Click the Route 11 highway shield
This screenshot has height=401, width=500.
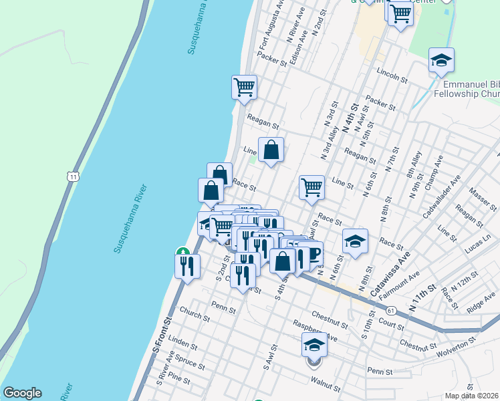(x=71, y=176)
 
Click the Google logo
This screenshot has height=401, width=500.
(x=22, y=393)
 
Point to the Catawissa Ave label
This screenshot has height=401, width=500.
(x=396, y=274)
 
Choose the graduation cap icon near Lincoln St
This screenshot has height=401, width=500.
(x=441, y=61)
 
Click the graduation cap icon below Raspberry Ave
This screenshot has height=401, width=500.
(x=314, y=346)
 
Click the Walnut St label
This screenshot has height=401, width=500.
(x=326, y=385)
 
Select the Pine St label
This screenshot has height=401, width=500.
(x=180, y=381)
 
